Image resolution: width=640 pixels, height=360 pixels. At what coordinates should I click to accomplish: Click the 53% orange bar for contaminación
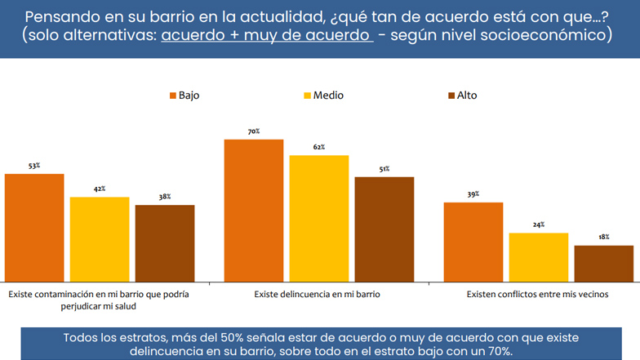[x=34, y=228]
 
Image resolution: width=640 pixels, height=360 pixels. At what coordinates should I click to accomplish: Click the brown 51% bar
[x=384, y=229]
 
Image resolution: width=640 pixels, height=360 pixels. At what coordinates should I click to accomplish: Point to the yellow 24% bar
[x=539, y=257]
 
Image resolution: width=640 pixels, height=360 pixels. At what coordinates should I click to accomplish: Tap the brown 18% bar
[x=604, y=263]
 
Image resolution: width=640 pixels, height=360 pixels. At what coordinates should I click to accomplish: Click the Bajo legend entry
[x=184, y=96]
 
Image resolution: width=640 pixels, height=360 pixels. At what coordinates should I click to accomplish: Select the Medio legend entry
[x=323, y=96]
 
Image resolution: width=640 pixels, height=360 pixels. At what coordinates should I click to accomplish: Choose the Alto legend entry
[x=461, y=96]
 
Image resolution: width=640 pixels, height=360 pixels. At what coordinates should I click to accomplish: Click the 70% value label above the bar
[x=254, y=131]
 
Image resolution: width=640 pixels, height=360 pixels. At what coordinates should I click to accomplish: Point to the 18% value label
[x=604, y=237]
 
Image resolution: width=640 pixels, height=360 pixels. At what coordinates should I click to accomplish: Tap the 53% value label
[x=34, y=166]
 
